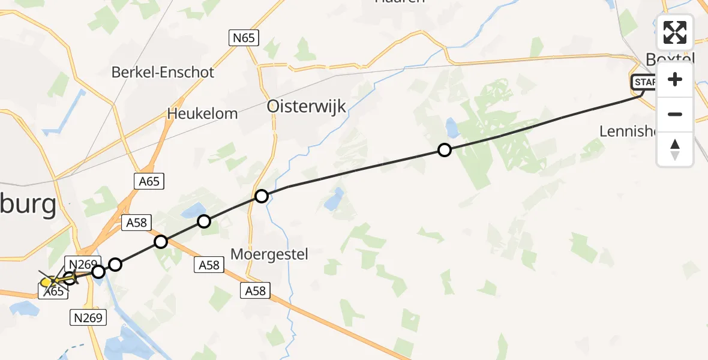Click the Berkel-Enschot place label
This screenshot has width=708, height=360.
[x=163, y=73]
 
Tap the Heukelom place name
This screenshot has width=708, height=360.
[x=202, y=113]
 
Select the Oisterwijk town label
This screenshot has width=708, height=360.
[x=306, y=107]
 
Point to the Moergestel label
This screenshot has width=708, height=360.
[x=269, y=254]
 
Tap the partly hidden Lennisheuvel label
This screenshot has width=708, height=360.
[x=629, y=131]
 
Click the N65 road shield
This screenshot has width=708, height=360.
[x=244, y=38]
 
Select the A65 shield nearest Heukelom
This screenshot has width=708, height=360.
[x=149, y=181]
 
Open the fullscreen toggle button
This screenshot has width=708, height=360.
[x=675, y=32]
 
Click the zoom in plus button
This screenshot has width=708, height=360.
[x=675, y=80]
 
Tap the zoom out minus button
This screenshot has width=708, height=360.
[x=675, y=114]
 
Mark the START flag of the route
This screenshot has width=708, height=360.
[x=644, y=82]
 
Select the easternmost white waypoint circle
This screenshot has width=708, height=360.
[x=444, y=150]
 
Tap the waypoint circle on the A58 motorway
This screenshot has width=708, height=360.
[x=161, y=242]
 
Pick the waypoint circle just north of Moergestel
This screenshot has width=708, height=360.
[x=261, y=196]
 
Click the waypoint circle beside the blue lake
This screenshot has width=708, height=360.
[x=204, y=221]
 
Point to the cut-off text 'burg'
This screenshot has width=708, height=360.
[x=28, y=206]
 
